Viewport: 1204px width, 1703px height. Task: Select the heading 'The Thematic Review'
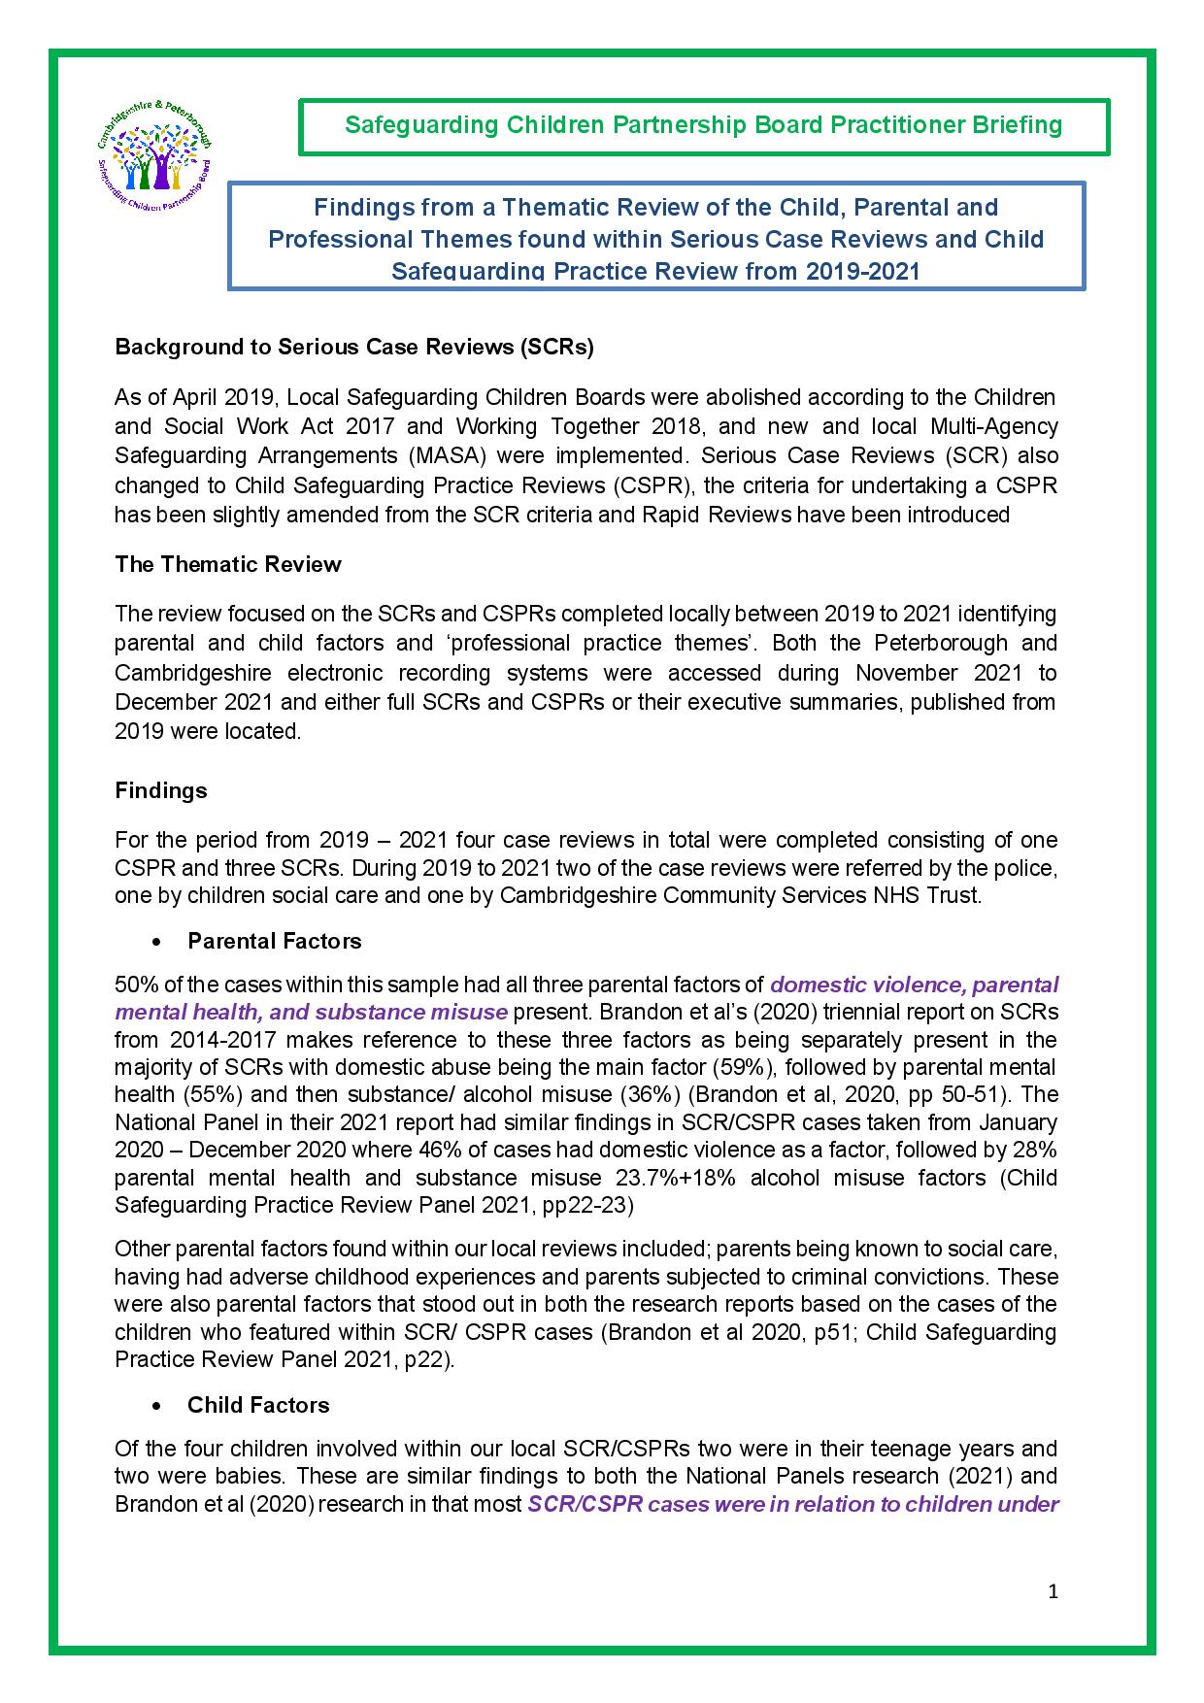pyautogui.click(x=228, y=564)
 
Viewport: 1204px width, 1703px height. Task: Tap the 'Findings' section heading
pyautogui.click(x=161, y=790)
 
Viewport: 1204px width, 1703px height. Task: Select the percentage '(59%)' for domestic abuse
pyautogui.click(x=744, y=1067)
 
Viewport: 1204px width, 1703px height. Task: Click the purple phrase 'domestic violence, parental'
pyautogui.click(x=914, y=985)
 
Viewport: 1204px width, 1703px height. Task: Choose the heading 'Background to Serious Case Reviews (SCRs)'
pyautogui.click(x=354, y=347)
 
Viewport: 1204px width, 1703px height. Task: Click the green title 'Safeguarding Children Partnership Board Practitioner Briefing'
pyautogui.click(x=704, y=125)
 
